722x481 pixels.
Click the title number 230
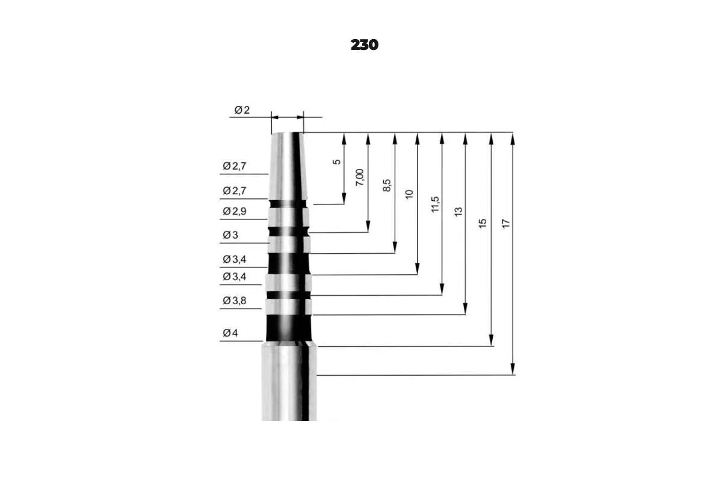click(364, 44)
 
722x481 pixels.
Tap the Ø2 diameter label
click(242, 110)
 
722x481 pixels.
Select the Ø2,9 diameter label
click(234, 212)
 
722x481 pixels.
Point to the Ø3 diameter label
click(230, 235)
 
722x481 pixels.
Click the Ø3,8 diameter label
click(234, 301)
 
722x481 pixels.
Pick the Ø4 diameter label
click(230, 332)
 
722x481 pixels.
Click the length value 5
click(336, 162)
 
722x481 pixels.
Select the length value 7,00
click(359, 177)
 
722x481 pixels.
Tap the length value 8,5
click(386, 186)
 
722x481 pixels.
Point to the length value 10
click(409, 194)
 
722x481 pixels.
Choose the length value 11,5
click(435, 204)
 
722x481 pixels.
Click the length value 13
click(458, 212)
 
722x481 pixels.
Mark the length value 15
click(482, 223)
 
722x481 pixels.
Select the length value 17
click(506, 224)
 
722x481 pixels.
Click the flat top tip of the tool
click(287, 133)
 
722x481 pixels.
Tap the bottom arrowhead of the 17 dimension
click(513, 369)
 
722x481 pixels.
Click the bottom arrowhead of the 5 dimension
click(344, 198)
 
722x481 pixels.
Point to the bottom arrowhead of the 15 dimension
click(491, 340)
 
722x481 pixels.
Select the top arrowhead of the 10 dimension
click(418, 138)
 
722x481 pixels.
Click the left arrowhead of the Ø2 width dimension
click(275, 117)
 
